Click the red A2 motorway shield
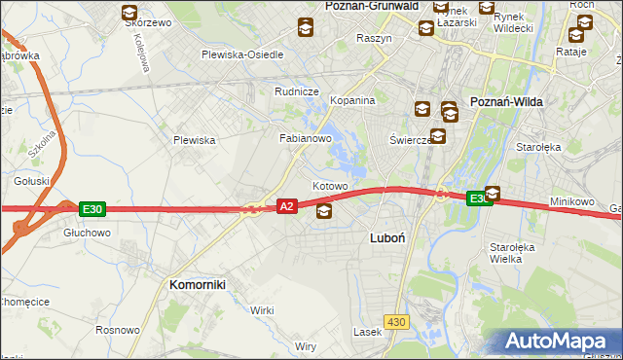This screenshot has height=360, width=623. [286, 206]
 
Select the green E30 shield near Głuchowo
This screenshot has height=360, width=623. [92, 208]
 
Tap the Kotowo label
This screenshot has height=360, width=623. [330, 186]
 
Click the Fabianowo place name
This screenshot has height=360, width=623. [307, 138]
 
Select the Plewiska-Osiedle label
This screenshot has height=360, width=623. [242, 54]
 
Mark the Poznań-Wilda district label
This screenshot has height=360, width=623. [506, 101]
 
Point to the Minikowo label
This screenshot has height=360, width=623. [571, 201]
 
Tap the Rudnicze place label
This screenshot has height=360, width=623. [297, 91]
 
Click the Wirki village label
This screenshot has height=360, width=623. [262, 309]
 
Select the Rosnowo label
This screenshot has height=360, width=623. [118, 329]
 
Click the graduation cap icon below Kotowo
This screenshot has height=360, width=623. [323, 210]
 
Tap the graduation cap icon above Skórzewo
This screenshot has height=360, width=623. [129, 13]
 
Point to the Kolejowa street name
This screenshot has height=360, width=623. [143, 54]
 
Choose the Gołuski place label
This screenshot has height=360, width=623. [31, 181]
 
